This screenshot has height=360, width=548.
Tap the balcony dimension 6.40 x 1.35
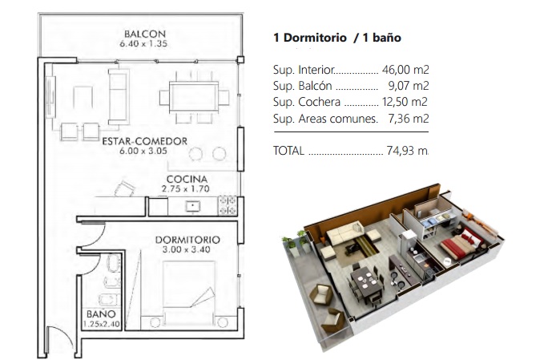click(x=143, y=44)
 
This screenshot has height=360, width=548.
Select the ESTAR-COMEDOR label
click(x=145, y=141)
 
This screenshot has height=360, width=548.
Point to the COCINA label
click(x=187, y=179)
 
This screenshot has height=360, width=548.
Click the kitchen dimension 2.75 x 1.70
click(x=186, y=189)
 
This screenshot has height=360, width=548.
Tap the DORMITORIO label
click(x=187, y=240)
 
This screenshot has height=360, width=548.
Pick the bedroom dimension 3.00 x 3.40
click(x=187, y=249)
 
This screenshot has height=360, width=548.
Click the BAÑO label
click(x=101, y=313)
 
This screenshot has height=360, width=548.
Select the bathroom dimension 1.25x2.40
click(x=102, y=324)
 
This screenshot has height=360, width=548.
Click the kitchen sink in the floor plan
click(x=192, y=206)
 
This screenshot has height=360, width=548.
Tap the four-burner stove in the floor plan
click(x=228, y=205)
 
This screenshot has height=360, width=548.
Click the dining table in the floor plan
click(x=194, y=97)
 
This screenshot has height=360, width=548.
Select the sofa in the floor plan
click(x=119, y=96)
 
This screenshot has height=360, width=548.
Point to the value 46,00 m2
click(x=405, y=70)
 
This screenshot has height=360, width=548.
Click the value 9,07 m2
click(x=409, y=86)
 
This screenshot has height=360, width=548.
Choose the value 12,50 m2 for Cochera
click(x=405, y=102)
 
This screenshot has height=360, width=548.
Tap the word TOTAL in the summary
click(x=288, y=151)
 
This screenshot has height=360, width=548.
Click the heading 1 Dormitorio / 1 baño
click(x=337, y=38)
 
